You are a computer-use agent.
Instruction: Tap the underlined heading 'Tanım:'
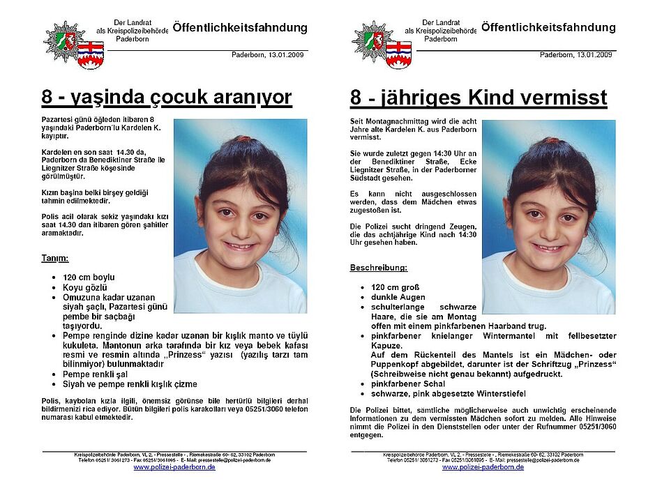point(57,259)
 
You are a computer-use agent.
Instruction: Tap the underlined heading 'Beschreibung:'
point(379,268)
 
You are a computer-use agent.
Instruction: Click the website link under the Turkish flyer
point(174,467)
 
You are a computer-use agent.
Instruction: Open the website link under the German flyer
point(483,467)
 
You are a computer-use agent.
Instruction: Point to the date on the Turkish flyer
point(269,54)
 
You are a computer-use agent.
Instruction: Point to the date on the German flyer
point(577,54)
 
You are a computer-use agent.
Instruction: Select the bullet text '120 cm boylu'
point(89,277)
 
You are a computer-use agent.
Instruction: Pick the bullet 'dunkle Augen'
point(398,297)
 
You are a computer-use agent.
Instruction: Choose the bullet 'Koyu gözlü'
point(84,287)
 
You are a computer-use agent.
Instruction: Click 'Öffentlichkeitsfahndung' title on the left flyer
point(239,29)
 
